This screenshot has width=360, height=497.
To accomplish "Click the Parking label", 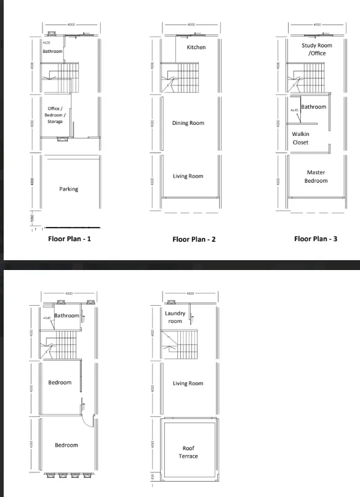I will pos(68,189).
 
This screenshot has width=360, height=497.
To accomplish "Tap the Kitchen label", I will pos(196,47).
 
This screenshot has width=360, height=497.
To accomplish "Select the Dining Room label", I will pos(188,123).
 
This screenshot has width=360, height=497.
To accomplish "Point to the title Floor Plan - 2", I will pos(193,239).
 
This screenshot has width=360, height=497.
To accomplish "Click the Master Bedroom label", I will pos(316,177).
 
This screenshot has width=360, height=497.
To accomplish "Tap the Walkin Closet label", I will pos(301,138).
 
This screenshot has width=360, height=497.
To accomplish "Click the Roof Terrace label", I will pos(190,452).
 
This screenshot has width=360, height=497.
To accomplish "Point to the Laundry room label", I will pos(175,317).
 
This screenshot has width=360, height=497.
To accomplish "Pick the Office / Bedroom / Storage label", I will pos(55,115).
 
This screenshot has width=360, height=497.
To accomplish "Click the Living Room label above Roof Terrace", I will pos(188,383).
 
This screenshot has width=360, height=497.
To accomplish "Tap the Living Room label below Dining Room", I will pos(188,177).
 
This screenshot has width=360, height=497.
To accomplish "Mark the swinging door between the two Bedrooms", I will pos(88,419).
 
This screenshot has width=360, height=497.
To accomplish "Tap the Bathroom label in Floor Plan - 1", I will pos(52,52).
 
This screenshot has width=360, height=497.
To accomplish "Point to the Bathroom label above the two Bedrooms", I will pos(66,316).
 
